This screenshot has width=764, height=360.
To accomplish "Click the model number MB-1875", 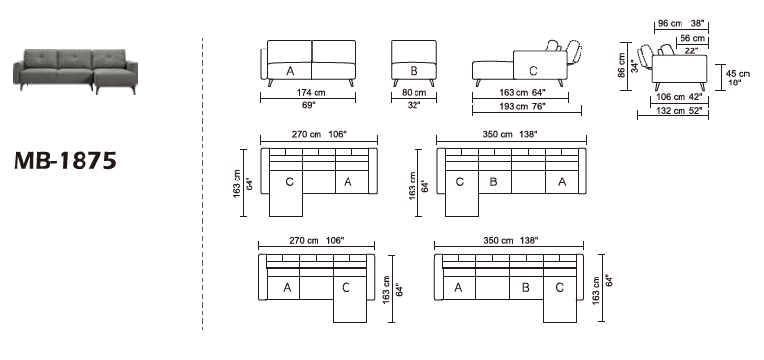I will (65, 159).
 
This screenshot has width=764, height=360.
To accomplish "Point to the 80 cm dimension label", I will (415, 94).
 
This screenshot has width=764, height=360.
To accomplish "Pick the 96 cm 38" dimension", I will (680, 22).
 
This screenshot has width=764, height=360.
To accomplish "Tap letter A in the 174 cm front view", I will (289, 71).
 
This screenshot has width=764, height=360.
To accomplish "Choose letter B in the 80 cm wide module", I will (414, 71).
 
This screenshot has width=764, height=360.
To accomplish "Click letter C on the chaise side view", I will (532, 70).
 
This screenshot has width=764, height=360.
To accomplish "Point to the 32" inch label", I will (415, 105).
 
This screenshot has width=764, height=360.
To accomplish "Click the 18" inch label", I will (735, 83).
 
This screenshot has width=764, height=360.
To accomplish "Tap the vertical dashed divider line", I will (202, 184).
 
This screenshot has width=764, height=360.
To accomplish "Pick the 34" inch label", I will (635, 66).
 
